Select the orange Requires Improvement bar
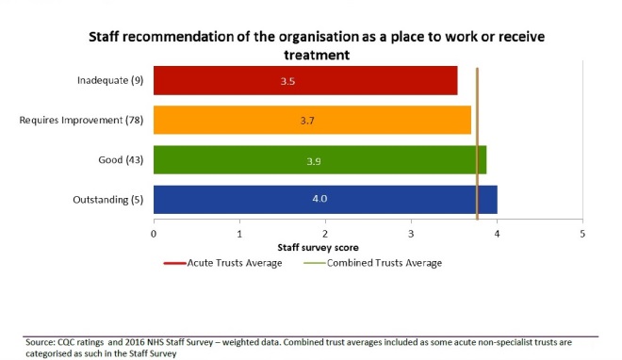point(311,121)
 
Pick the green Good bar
point(319,160)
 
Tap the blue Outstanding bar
point(324,200)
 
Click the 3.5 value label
point(288,82)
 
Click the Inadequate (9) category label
point(109,81)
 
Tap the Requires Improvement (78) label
point(85,121)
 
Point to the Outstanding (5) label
point(107,200)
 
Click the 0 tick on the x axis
point(154,232)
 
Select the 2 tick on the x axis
point(325,232)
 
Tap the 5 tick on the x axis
point(582,232)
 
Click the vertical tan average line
point(478,141)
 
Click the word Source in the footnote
point(41,342)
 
